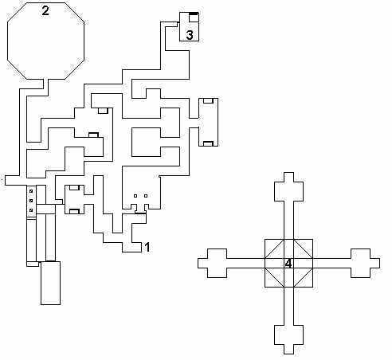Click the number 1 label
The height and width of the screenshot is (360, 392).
click(147, 247)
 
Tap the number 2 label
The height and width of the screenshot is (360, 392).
click(45, 10)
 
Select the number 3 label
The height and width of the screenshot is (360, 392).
click(190, 35)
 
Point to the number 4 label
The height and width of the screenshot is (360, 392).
click(288, 264)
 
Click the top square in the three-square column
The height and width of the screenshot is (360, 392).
click(31, 191)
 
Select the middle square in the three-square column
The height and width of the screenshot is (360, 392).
click(31, 201)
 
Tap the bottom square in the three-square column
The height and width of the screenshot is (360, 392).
click(31, 210)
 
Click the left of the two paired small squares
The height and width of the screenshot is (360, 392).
click(135, 196)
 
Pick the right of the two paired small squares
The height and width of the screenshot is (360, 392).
click(146, 196)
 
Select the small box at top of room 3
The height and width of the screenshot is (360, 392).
click(194, 17)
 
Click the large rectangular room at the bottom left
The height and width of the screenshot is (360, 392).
click(50, 283)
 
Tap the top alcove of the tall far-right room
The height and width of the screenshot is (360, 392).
click(209, 101)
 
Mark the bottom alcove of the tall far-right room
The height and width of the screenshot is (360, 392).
click(209, 143)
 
